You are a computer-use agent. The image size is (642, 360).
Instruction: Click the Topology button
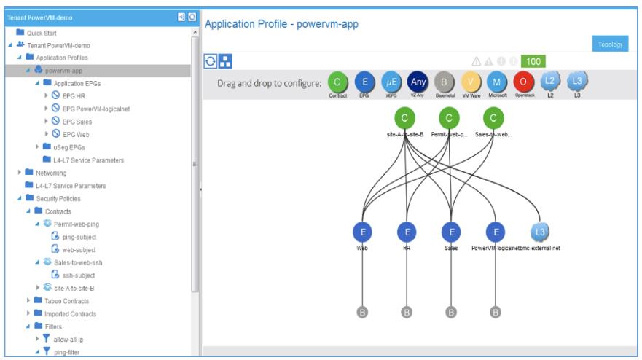point(611,44)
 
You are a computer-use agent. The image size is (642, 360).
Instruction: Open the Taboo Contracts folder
point(66,301)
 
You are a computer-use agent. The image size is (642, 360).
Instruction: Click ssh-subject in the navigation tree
point(79,275)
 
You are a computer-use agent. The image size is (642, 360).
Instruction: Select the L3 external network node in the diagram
point(540,232)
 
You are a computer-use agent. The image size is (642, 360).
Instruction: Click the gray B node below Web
point(362,313)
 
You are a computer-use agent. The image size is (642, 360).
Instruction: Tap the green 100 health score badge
point(533,62)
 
